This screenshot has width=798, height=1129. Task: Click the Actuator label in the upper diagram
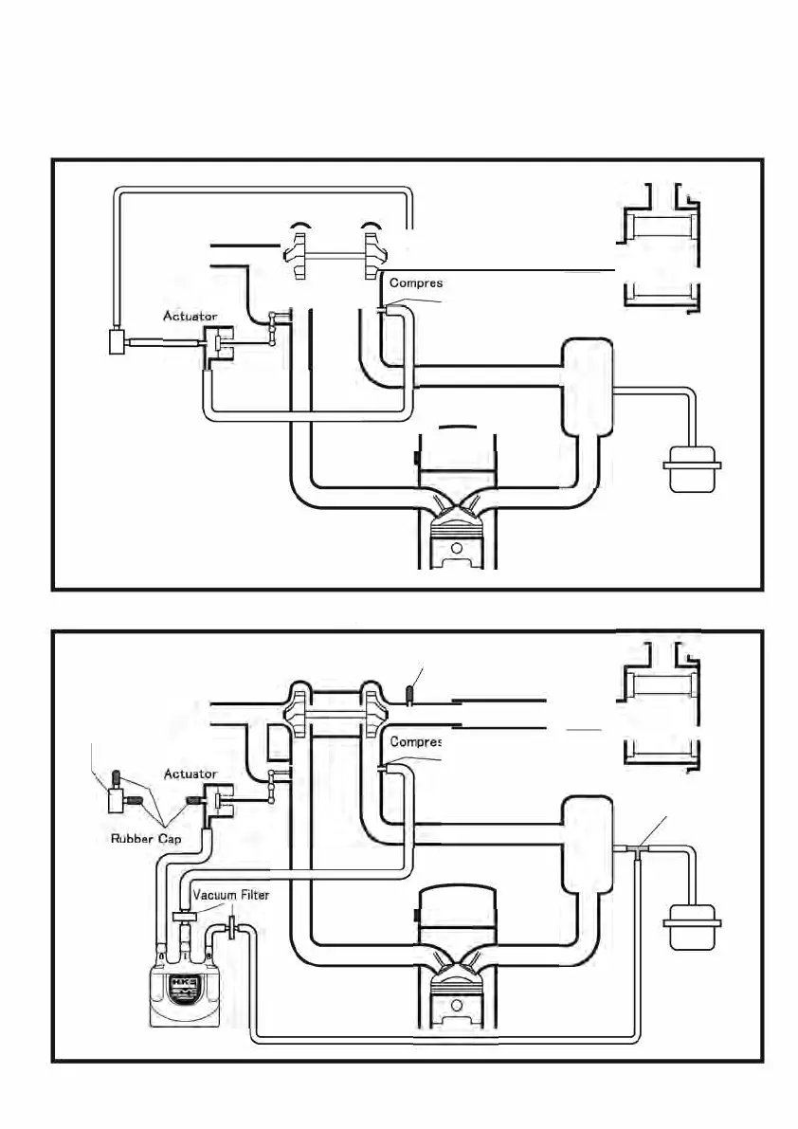(x=190, y=316)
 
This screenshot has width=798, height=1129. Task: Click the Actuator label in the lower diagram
(x=190, y=774)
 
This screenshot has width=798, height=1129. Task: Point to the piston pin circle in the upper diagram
(x=457, y=548)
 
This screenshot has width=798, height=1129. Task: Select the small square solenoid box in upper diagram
(x=118, y=340)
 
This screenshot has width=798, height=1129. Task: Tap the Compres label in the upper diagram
(x=416, y=282)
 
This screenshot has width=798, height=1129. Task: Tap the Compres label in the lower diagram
(x=416, y=741)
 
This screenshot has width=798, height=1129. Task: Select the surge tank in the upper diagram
(x=588, y=389)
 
